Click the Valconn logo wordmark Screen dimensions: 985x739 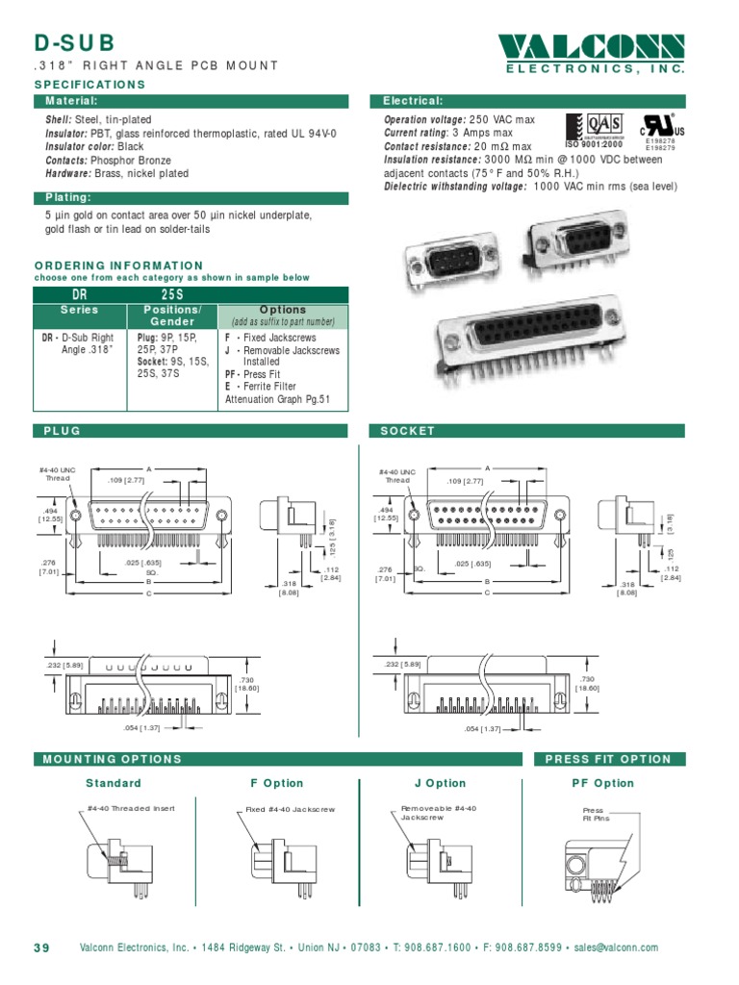592,47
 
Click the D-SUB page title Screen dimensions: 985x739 75,42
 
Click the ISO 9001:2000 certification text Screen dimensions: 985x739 594,145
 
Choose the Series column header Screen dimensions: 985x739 80,311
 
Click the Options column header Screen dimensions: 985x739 282,310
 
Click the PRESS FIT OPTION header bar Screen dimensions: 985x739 608,759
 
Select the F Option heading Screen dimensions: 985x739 276,783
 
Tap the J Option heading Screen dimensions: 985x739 439,783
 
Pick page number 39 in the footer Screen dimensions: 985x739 41,947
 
